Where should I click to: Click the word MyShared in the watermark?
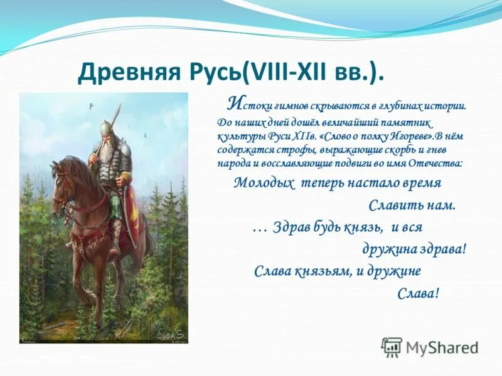tap(442, 348)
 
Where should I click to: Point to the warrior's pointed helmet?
tap(106, 128)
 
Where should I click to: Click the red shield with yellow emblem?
tap(132, 214)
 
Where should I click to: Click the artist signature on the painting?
tap(169, 334)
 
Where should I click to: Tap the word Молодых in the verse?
tap(264, 184)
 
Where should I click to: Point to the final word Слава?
tap(418, 293)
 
